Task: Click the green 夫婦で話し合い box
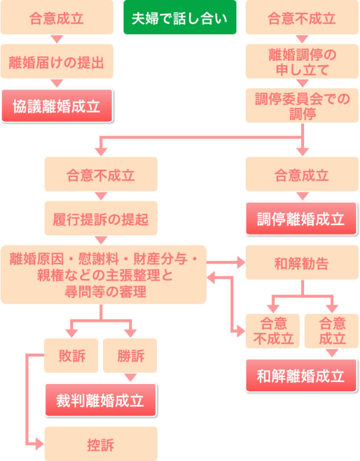(180, 17)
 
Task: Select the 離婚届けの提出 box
(56, 61)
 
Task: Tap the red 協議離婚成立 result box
(57, 106)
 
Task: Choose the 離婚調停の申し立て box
(302, 61)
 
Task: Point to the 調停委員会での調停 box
(302, 105)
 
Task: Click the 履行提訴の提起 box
(101, 218)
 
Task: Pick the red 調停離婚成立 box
(301, 219)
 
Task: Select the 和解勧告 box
(302, 262)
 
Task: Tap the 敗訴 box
(71, 355)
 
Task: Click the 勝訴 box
(130, 355)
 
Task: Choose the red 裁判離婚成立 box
(101, 400)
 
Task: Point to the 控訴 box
(101, 444)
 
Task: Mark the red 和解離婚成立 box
(301, 375)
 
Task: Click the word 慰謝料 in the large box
(99, 259)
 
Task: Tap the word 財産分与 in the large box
(160, 259)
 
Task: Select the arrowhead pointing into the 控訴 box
(40, 444)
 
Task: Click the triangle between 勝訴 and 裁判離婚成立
(130, 378)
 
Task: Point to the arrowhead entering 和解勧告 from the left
(241, 262)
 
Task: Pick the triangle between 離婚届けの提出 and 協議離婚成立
(56, 83)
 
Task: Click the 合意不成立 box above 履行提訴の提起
(101, 174)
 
